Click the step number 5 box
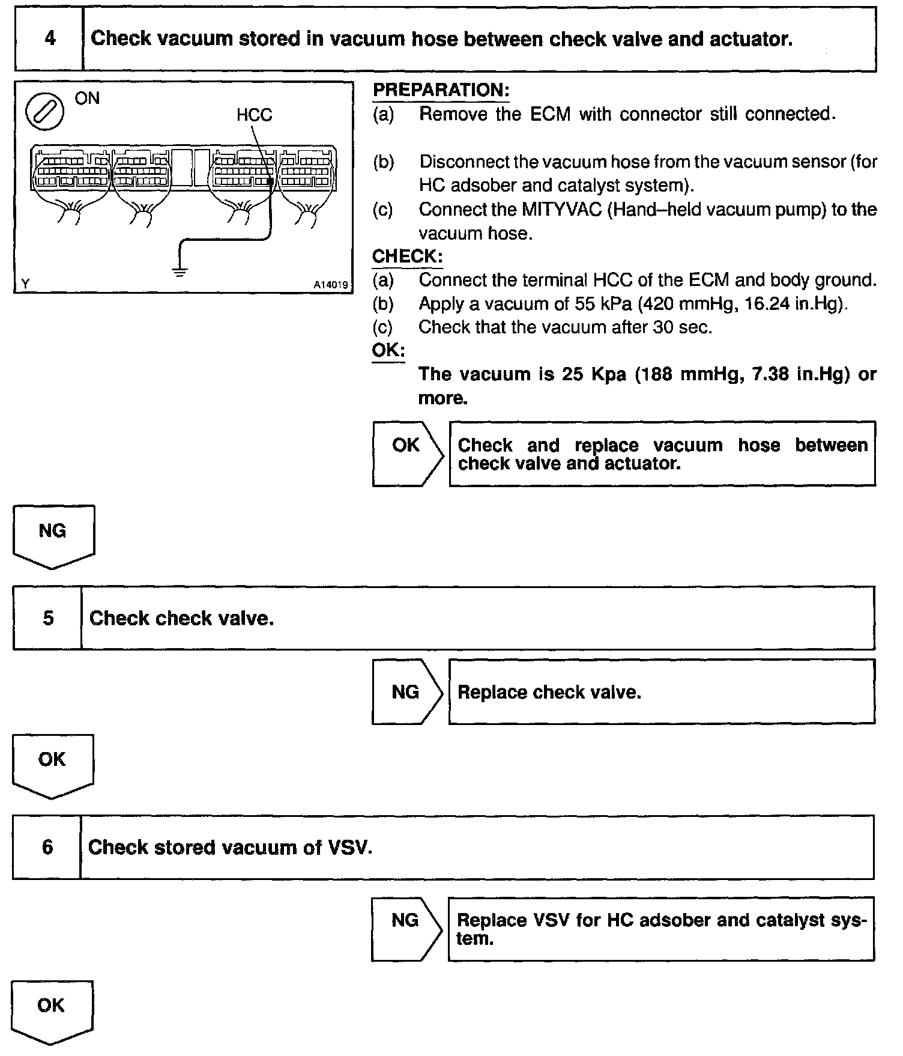click(x=47, y=618)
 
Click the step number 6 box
click(x=47, y=847)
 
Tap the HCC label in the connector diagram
click(x=254, y=115)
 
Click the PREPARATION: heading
click(x=441, y=91)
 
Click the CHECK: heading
click(x=407, y=256)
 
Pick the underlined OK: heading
click(x=388, y=351)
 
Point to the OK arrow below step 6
click(x=51, y=1009)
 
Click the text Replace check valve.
click(x=549, y=693)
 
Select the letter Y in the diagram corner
click(x=25, y=284)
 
